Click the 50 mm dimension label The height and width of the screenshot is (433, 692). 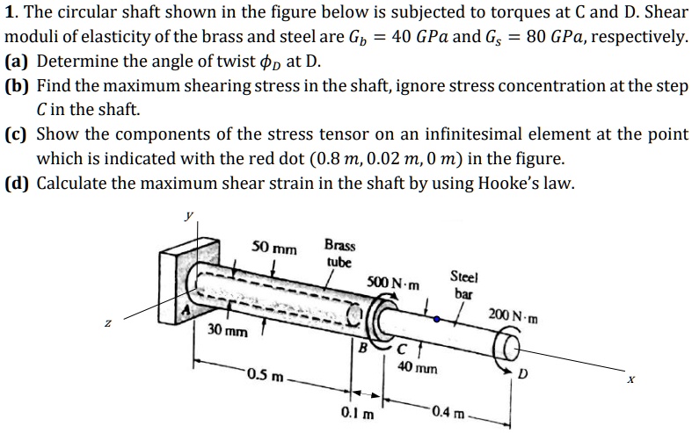pyautogui.click(x=273, y=248)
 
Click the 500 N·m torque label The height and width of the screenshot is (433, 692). pyautogui.click(x=393, y=284)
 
